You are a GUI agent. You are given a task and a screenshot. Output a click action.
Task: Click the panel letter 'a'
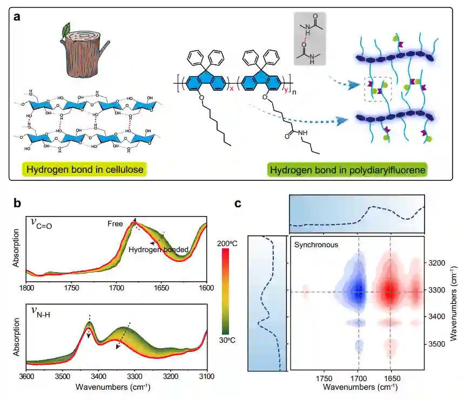pyautogui.click(x=17, y=16)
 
